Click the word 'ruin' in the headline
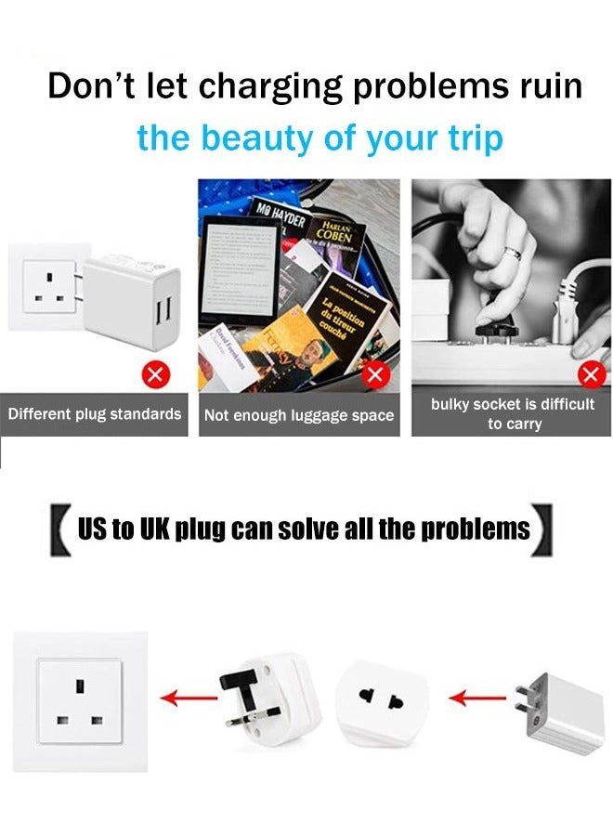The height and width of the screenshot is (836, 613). click(544, 85)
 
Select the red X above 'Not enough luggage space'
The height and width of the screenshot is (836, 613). click(374, 375)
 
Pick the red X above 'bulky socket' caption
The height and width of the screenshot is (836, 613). click(589, 375)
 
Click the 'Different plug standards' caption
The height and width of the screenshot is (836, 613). click(95, 414)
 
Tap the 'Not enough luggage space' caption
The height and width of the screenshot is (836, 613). click(299, 415)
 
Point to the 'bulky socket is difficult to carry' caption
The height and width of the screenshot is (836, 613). click(512, 414)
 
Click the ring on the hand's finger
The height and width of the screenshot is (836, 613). click(512, 254)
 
